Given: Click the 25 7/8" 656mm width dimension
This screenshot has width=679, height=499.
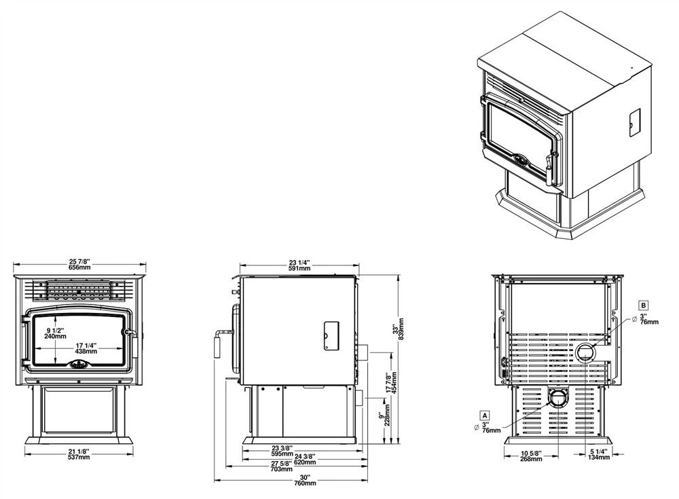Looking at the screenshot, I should coord(79,265).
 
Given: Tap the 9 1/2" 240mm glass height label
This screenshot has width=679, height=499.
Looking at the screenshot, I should coord(56,333).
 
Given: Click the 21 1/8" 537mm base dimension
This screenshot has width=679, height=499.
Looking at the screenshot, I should coord(79,455).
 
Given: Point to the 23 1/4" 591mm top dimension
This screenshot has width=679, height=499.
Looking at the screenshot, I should coord(299,265).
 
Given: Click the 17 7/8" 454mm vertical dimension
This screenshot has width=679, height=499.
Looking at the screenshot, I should coord(388,384).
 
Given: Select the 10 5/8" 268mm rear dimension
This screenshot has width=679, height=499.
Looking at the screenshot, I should coord(532,456).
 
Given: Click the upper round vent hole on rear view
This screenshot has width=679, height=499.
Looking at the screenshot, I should coord(585,352).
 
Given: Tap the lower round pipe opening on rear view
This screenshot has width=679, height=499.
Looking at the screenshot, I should coord(557,399).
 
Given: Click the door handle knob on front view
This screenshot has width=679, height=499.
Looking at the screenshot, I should coord(126,332).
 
